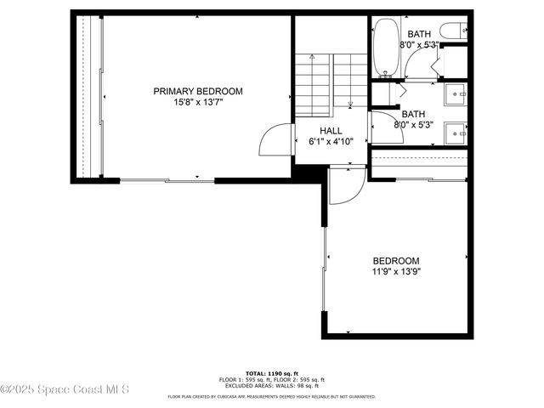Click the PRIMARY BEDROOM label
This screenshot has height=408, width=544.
coord(197,91)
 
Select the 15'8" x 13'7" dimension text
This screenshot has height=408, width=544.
coord(197,103)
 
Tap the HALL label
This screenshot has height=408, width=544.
coord(331,131)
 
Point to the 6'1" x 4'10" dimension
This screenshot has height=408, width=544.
coord(331,142)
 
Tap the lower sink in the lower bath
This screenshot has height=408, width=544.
coord(456,133)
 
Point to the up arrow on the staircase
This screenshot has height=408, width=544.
coord(312,59)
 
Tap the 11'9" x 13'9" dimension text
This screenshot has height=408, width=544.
coord(395,272)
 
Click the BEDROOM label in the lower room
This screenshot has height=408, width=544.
coord(395,260)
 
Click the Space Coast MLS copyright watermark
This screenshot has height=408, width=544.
coord(65,390)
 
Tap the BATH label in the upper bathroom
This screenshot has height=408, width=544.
coord(418,34)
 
